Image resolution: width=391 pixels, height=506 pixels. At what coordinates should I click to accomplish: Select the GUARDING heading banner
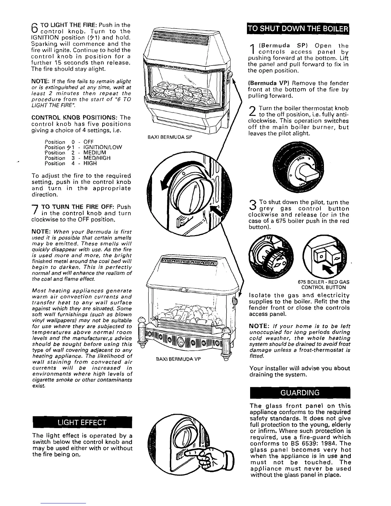[x=299, y=393]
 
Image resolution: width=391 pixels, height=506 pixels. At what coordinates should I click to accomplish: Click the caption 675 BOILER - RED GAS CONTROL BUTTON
[x=323, y=285]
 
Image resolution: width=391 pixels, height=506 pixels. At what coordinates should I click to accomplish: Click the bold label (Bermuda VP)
[x=266, y=83]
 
